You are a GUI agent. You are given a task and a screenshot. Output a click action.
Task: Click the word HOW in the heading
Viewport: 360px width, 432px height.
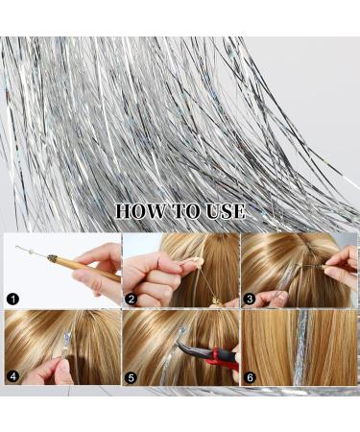tap(139, 211)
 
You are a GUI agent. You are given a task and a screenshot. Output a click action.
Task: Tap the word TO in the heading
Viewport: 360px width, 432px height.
tap(184, 211)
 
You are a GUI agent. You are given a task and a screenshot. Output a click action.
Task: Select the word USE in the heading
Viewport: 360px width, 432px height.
tap(226, 211)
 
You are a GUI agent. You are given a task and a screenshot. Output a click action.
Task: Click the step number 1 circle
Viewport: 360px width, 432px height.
tap(12, 300)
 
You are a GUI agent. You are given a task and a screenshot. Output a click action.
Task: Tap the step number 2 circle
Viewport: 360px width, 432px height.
tap(131, 300)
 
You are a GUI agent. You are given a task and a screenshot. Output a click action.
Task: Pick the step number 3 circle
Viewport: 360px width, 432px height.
tap(250, 300)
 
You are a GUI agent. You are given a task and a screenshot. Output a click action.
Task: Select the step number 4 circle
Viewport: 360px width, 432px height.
tap(12, 376)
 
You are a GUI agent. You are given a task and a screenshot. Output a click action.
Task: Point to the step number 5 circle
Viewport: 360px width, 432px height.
tap(131, 378)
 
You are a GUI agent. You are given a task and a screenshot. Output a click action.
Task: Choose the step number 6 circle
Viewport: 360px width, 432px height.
tap(250, 378)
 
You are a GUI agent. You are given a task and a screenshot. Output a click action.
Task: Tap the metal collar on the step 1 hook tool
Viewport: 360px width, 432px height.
tap(52, 258)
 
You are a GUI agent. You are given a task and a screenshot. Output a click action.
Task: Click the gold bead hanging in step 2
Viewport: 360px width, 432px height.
tap(214, 300)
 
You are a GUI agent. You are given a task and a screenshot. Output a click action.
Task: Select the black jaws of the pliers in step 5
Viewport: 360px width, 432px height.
tap(190, 348)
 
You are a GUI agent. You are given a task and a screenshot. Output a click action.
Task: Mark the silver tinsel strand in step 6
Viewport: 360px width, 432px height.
tap(300, 348)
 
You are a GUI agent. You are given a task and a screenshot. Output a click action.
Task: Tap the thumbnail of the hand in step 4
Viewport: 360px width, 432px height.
tap(65, 367)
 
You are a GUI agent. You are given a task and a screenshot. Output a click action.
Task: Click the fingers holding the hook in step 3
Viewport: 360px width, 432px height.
tap(342, 267)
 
